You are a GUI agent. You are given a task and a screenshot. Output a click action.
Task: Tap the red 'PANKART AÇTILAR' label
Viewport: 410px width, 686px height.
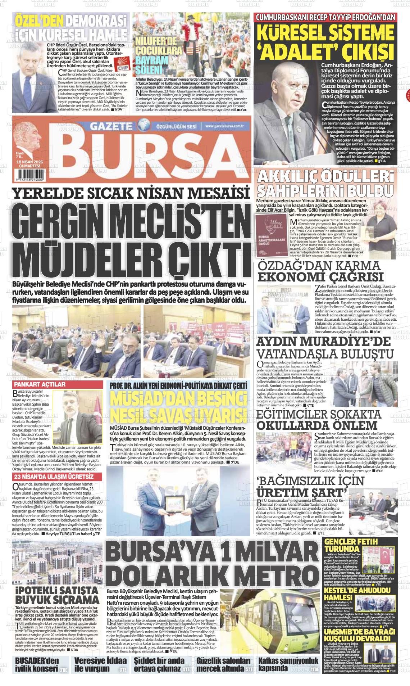click(39, 384)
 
